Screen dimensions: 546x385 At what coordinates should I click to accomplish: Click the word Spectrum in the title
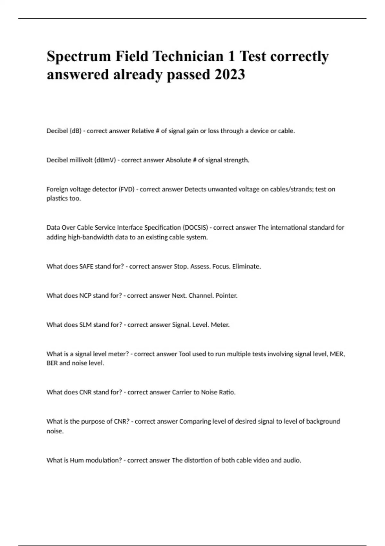tap(79, 57)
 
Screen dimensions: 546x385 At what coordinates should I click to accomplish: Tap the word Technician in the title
tap(188, 57)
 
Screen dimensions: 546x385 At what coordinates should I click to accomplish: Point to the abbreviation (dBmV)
tap(105, 160)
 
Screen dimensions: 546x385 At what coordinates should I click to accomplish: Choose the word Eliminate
tap(246, 266)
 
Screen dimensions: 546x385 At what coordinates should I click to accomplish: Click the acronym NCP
tap(85, 295)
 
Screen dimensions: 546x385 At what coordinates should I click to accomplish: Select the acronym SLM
tap(85, 325)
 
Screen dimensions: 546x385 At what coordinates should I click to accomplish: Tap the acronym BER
tap(52, 363)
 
